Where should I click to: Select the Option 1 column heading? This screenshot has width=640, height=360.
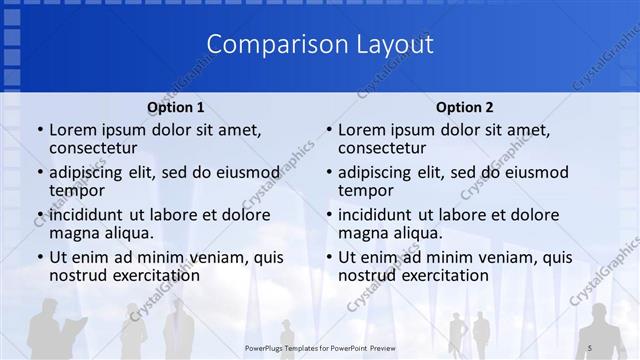click(176, 107)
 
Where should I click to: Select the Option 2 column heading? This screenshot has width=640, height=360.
click(465, 107)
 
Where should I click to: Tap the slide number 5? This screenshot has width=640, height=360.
click(591, 346)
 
